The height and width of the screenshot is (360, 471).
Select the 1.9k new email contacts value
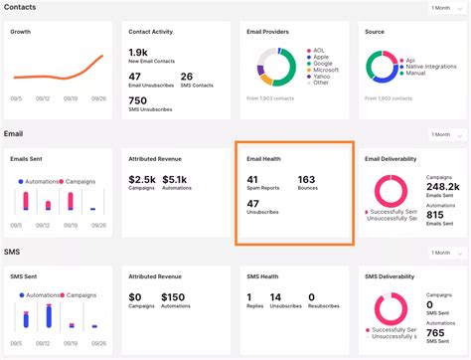140,51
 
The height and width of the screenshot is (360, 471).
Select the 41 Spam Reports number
252,179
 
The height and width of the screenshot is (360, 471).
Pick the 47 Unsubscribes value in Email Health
252,203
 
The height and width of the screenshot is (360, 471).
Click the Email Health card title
265,158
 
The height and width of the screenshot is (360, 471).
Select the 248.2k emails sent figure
442,186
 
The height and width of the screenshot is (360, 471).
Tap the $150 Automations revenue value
174,296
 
